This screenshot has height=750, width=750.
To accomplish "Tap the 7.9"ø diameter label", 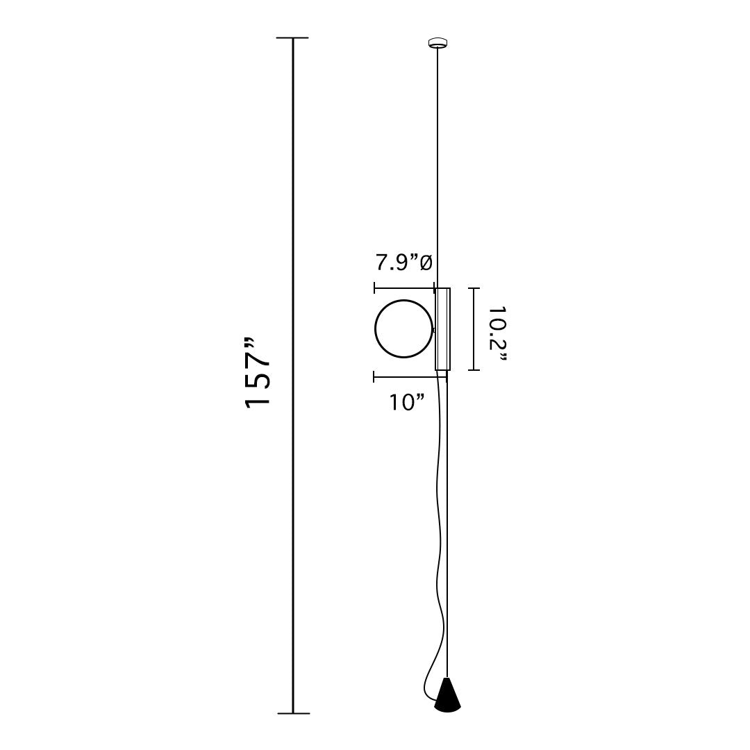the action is [x=403, y=262].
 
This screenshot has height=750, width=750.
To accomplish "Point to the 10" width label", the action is [x=407, y=402].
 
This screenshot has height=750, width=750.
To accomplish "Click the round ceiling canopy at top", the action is [x=438, y=43].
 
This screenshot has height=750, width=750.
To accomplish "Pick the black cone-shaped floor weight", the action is [x=447, y=694].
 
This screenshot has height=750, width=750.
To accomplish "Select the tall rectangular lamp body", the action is [x=442, y=329].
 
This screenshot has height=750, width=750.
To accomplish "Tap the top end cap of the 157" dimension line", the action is [x=293, y=37].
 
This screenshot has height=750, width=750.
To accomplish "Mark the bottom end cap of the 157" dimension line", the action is [x=293, y=713].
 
